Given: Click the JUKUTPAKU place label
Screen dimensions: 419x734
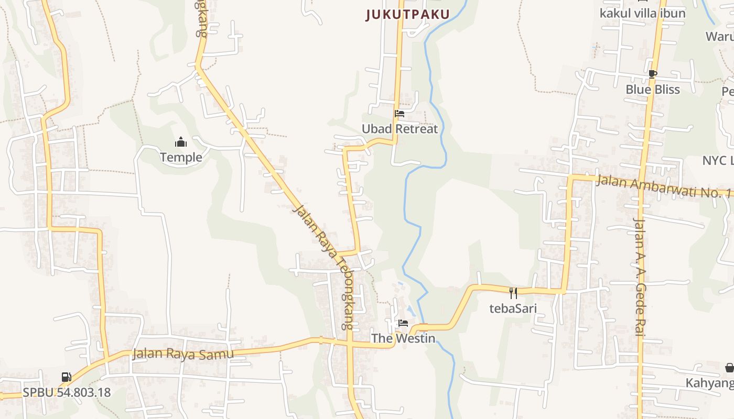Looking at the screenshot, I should (x=407, y=15).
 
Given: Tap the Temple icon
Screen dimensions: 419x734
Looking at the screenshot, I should (x=181, y=142).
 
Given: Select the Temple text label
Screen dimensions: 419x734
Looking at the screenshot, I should (x=181, y=157).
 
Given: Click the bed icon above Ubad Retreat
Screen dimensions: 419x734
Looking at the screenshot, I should (x=400, y=114).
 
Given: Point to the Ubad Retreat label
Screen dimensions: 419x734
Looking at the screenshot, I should (x=400, y=129).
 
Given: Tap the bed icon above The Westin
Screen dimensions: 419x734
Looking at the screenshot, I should (x=403, y=323).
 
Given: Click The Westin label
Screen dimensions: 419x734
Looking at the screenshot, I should (x=403, y=338).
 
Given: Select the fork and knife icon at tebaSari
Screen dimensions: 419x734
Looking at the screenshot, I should (x=513, y=293).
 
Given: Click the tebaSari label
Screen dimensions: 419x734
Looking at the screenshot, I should (x=513, y=308).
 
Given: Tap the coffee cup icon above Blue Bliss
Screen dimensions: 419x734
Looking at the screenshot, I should (x=652, y=74).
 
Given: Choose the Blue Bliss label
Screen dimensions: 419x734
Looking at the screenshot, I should (x=653, y=90).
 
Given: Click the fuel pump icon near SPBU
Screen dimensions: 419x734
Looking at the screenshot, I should (x=66, y=377).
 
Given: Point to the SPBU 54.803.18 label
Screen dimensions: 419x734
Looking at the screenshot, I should (x=67, y=392).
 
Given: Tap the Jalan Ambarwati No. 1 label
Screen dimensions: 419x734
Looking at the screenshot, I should (x=663, y=186).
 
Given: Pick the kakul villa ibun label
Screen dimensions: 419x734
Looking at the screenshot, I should (x=642, y=13).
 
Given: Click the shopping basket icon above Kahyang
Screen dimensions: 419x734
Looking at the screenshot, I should (x=729, y=368).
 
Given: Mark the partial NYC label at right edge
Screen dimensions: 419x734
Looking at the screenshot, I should (x=718, y=160).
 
